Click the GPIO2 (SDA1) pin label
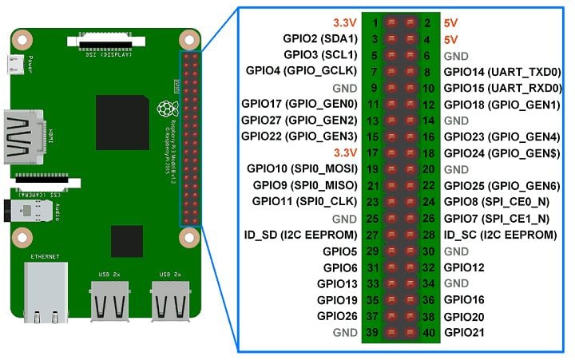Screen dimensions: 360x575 point(319,38)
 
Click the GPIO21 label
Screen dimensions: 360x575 point(464,332)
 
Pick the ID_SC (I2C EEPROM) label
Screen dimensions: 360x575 point(500,235)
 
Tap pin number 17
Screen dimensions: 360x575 point(371,153)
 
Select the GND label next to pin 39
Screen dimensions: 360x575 point(345,332)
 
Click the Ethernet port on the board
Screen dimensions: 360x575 point(46,291)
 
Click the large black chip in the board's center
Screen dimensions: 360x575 point(121,121)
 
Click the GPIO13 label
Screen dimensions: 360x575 point(336,283)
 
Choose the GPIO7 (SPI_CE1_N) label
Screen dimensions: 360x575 point(496,218)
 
